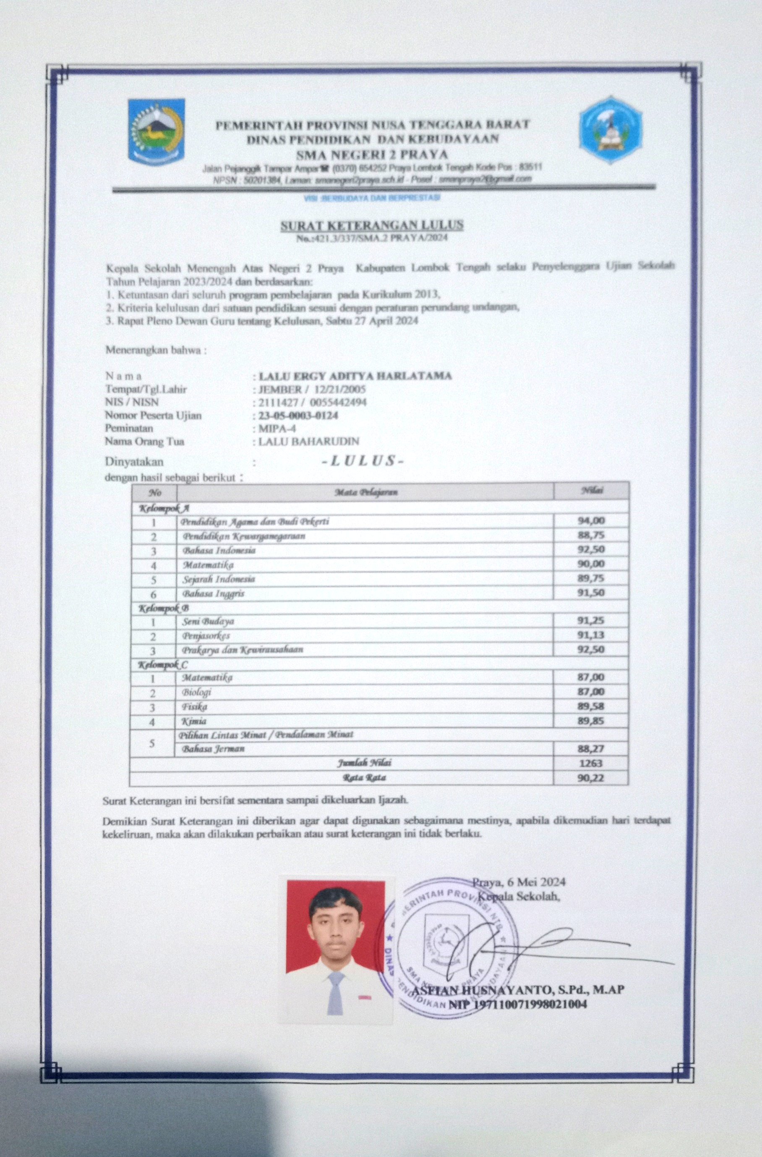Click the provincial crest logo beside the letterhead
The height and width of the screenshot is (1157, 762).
pyautogui.click(x=157, y=131)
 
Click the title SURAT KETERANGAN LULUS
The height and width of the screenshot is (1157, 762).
pyautogui.click(x=371, y=225)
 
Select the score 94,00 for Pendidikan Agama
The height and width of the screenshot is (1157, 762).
pyautogui.click(x=591, y=521)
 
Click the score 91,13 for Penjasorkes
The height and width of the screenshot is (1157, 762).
pyautogui.click(x=591, y=635)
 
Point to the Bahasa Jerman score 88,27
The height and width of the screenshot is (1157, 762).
pyautogui.click(x=591, y=749)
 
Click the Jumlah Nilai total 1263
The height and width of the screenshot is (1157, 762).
pyautogui.click(x=591, y=763)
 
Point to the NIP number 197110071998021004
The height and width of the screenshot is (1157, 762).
pyautogui.click(x=517, y=1003)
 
